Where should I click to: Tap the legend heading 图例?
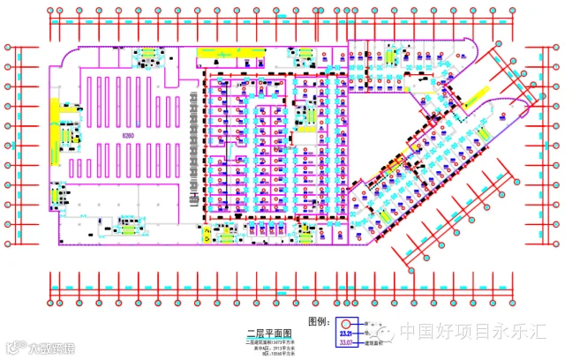pyautogui.click(x=320, y=321)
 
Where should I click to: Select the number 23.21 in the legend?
pyautogui.click(x=346, y=334)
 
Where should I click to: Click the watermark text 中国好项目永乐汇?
pyautogui.click(x=473, y=333)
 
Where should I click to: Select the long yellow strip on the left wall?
pyautogui.click(x=53, y=117)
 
